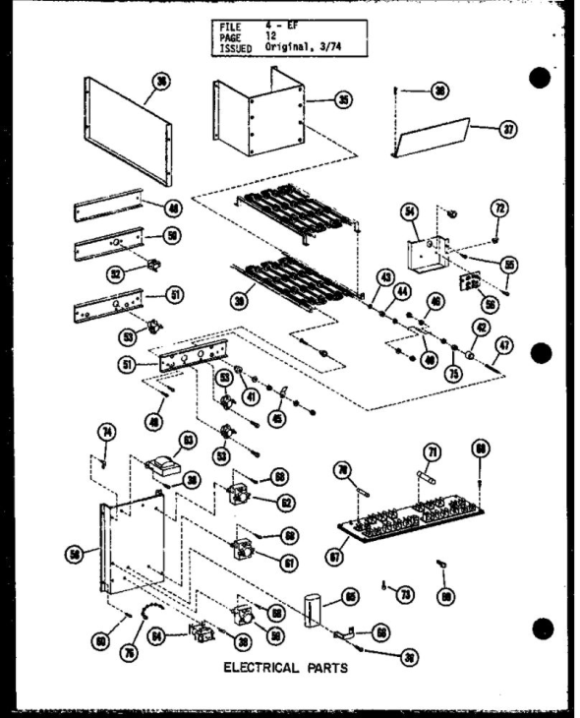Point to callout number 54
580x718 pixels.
pos(412,210)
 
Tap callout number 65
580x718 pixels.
pos(350,596)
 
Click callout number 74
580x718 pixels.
pos(107,430)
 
